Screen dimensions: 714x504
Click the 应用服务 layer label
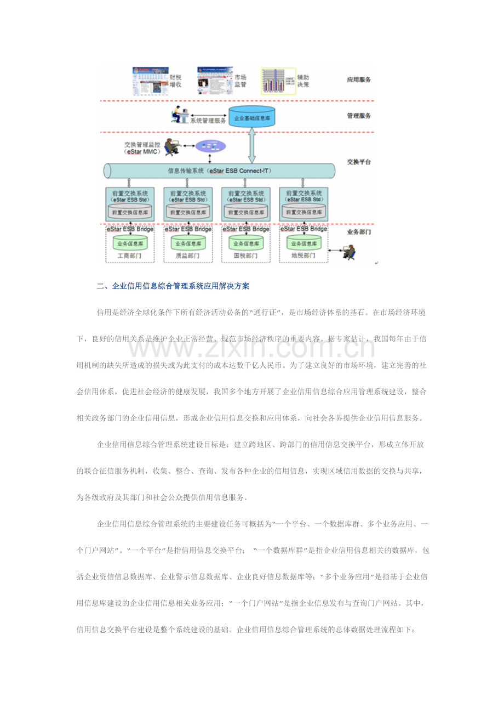[359, 80]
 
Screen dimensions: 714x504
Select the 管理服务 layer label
[359, 116]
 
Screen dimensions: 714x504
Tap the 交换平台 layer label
[359, 162]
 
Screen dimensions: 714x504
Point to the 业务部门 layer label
[359, 232]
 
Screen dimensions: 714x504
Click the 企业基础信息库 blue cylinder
[251, 117]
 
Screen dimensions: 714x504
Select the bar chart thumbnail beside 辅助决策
[278, 81]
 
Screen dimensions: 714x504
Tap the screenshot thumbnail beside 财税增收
[150, 81]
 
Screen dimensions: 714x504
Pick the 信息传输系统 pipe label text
[219, 171]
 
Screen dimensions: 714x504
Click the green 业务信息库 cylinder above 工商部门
[129, 243]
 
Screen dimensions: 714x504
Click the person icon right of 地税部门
[348, 252]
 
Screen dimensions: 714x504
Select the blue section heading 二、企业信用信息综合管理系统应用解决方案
[173, 286]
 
